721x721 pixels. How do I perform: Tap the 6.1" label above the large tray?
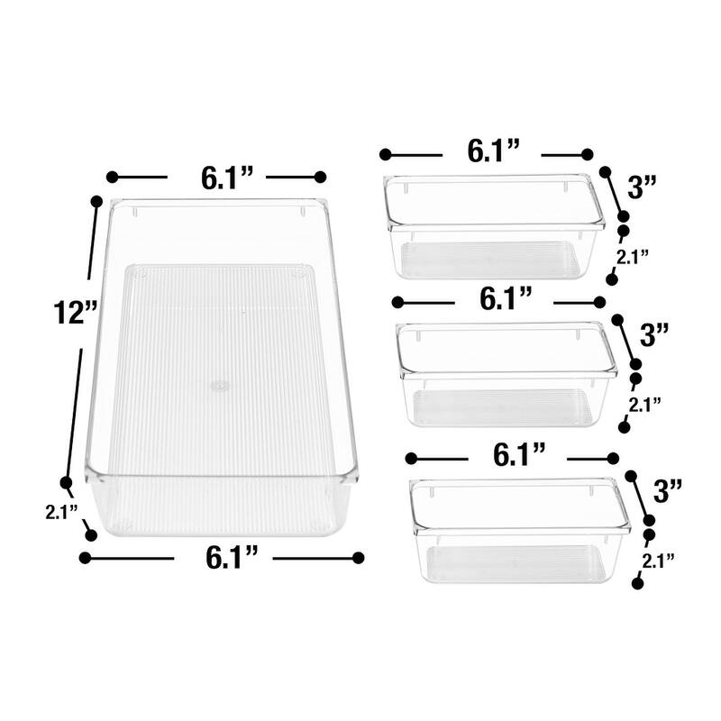216,178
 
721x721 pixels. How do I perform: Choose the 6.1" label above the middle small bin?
505,299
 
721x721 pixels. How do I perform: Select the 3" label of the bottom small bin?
668,491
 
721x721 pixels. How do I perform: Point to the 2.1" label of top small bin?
632,257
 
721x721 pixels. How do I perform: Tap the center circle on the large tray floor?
219,386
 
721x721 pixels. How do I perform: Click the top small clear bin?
492,226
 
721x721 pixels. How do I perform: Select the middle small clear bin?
507,374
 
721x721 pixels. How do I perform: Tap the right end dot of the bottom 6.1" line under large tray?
358,558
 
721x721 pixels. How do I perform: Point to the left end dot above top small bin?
385,154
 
